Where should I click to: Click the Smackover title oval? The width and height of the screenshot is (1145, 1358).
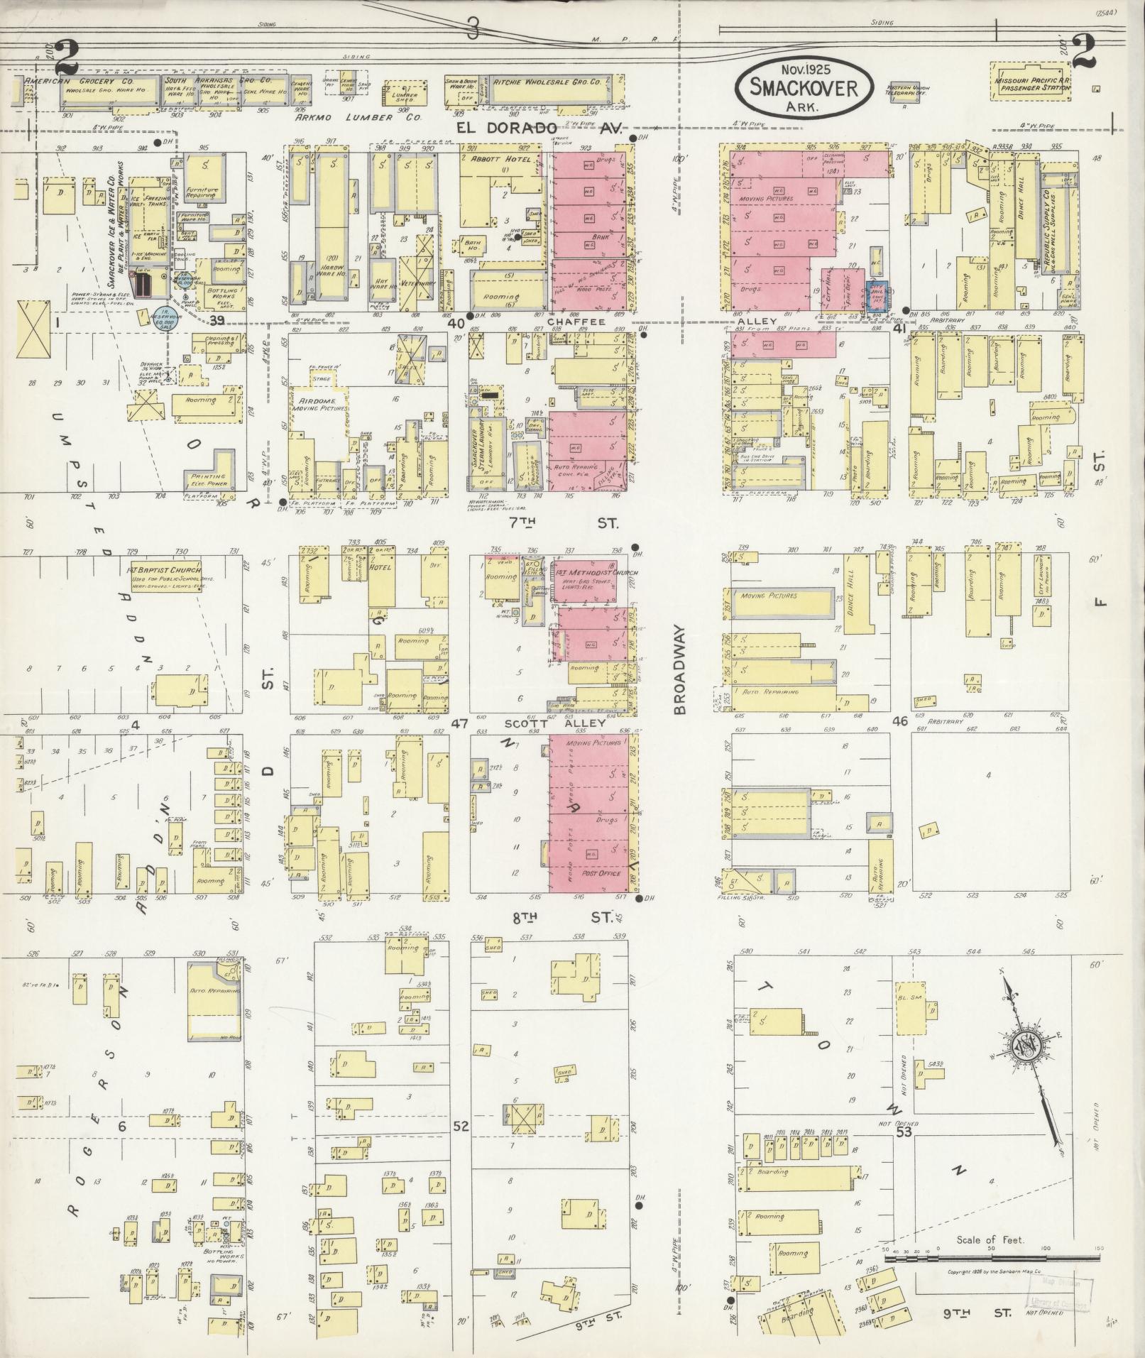(805, 87)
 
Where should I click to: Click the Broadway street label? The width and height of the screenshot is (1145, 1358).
(679, 669)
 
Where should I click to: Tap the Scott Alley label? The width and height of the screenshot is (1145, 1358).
(555, 724)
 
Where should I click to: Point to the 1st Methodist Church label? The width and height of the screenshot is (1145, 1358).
(586, 572)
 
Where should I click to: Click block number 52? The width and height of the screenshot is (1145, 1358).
(461, 1126)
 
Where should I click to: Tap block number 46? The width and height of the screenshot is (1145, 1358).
(900, 721)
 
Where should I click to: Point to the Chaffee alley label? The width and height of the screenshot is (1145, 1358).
(586, 321)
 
